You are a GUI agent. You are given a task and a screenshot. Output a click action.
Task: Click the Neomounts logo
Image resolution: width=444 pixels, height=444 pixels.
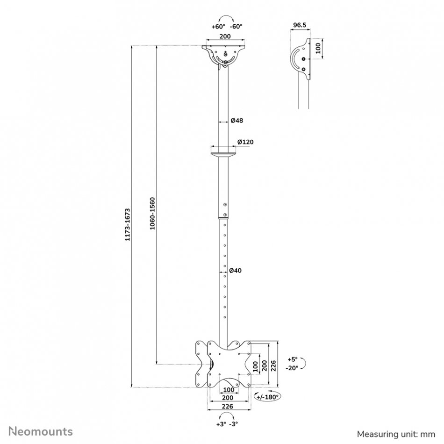pos(41,431)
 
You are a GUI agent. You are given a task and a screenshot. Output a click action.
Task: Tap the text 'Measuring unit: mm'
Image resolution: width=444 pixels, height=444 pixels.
pos(396,434)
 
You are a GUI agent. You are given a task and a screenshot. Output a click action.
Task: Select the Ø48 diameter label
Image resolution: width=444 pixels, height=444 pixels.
pos(237,120)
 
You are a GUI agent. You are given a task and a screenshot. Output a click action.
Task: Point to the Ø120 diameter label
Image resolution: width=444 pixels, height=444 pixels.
pos(245,142)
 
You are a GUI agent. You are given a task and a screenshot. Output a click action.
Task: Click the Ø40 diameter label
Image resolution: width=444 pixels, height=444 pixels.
pos(235,271)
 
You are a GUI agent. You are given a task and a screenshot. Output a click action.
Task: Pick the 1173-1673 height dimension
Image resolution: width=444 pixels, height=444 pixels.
pos(128,224)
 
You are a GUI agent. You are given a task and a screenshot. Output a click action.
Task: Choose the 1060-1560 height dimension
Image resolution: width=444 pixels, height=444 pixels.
pos(152,213)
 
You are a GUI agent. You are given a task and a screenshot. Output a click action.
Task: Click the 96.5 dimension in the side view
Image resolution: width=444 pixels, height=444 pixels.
pos(300,25)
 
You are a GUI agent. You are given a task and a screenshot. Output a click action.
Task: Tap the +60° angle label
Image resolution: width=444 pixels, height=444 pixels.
pos(218,26)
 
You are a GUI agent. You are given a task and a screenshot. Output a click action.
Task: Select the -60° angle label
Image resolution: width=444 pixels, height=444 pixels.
pos(236,26)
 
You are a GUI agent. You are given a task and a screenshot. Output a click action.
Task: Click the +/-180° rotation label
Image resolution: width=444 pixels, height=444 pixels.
pos(268,397)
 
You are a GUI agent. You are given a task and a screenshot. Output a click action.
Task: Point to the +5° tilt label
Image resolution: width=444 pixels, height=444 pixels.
pos(293,359)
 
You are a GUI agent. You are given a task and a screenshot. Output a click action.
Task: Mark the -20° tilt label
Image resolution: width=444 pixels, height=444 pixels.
pos(292,368)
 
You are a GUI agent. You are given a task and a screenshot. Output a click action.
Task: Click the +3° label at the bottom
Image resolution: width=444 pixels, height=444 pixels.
pos(221,424)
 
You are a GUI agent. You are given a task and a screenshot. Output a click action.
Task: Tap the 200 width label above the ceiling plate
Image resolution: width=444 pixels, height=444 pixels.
pos(225,36)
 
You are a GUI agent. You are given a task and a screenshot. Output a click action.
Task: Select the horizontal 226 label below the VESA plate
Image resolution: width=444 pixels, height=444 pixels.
pos(228,406)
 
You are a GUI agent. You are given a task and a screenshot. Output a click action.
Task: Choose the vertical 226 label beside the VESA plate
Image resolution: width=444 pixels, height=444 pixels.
pos(273,365)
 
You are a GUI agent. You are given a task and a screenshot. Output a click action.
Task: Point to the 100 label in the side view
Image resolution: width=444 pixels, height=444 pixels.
pos(318,48)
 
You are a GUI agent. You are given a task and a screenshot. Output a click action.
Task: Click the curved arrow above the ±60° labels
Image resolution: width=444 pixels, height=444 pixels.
pos(227,17)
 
